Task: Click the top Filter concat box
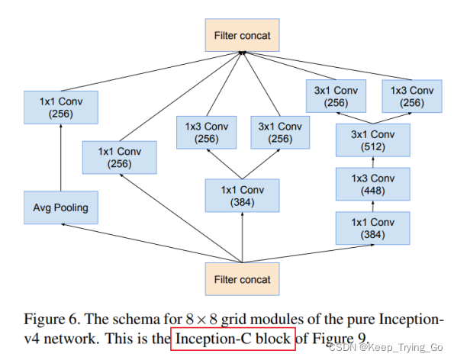click(241, 35)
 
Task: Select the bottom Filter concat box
click(241, 279)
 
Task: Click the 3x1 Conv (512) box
click(373, 140)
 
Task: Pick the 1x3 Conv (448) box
click(373, 184)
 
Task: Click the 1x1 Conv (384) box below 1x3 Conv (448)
click(373, 228)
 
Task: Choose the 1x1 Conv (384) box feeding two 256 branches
click(241, 195)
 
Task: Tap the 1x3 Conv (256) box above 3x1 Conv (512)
click(413, 96)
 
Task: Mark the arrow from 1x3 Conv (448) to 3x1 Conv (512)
click(373, 162)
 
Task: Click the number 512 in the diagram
click(373, 146)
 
